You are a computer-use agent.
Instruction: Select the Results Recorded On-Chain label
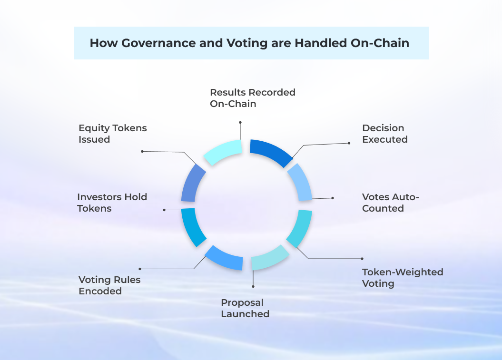pos(252,98)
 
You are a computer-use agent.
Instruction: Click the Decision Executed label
pos(384,134)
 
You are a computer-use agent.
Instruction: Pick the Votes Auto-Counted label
pos(390,203)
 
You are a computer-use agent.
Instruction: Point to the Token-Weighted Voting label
pos(402,278)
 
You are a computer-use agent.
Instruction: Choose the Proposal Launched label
pos(245,308)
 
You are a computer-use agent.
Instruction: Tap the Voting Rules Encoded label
pos(109,285)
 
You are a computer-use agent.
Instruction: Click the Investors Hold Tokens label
pos(112,203)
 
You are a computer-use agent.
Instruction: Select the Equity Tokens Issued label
pos(112,134)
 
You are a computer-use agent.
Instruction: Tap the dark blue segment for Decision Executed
pos(272,151)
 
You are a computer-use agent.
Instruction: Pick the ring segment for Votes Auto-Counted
pos(301,183)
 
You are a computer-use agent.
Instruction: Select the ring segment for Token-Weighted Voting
pos(300,228)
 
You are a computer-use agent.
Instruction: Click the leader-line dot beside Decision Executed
pos(349,143)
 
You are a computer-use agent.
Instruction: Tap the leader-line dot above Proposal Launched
pos(253,286)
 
